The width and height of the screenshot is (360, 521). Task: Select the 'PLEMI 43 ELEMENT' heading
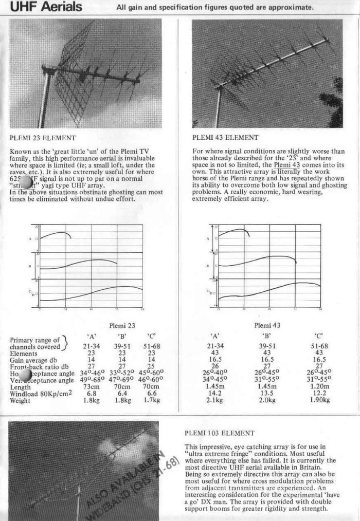point(225,138)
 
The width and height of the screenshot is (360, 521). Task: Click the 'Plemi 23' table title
point(122,325)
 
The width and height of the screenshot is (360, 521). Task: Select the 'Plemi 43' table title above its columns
point(267,325)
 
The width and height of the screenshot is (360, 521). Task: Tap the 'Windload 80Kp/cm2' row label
point(41,394)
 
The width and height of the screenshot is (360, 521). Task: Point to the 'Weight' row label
point(20,400)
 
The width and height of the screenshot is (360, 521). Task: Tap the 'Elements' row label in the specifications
point(24,354)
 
